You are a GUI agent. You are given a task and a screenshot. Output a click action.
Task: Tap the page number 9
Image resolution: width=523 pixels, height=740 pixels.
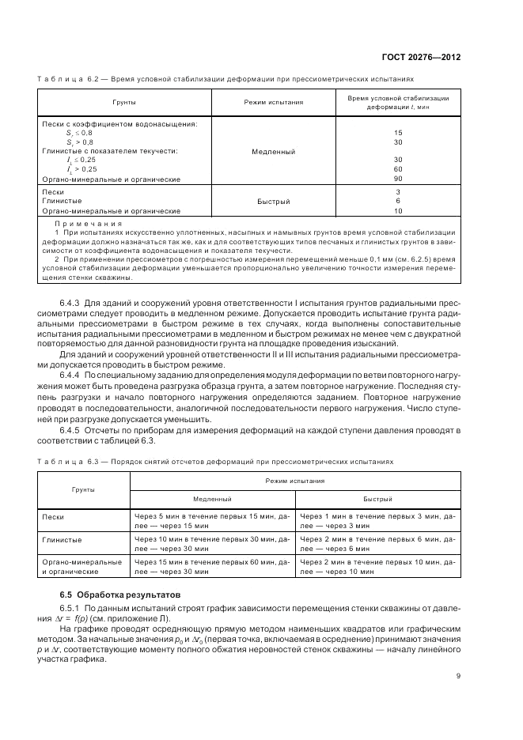pyautogui.click(x=458, y=675)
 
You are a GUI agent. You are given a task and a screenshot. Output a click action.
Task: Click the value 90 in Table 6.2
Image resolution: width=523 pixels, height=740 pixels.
pyautogui.click(x=398, y=179)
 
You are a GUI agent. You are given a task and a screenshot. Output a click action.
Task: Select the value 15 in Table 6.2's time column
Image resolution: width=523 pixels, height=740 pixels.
pyautogui.click(x=398, y=133)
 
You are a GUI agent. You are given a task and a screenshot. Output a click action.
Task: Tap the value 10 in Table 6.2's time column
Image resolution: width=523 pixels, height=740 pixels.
pyautogui.click(x=398, y=211)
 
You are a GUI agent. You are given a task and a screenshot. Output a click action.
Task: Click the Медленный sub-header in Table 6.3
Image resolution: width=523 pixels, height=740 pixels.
pyautogui.click(x=212, y=500)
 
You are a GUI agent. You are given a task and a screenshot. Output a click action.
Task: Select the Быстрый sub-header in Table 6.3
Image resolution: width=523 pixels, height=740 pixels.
pyautogui.click(x=377, y=500)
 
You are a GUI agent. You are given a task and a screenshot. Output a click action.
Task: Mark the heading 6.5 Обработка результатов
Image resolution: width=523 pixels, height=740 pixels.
pyautogui.click(x=122, y=593)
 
